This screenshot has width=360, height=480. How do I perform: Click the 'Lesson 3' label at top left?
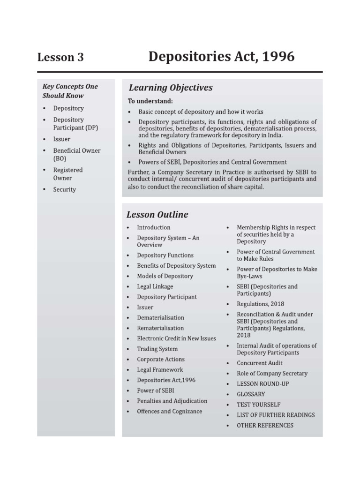pos(60,58)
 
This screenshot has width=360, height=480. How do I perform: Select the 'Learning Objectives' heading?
pos(170,88)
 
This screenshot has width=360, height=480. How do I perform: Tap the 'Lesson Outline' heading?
pos(157,215)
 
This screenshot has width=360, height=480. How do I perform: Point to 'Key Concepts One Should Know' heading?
pos(70,91)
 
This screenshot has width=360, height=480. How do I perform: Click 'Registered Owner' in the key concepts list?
pos(67,174)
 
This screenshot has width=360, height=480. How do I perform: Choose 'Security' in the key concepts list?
pos(64,189)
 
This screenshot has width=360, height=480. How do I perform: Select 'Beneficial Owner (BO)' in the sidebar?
pos(76,155)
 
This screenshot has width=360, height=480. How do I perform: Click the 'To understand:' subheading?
pos(150,101)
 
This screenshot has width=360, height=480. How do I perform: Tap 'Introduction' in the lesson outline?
pos(153,227)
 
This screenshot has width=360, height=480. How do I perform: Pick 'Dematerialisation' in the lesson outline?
pos(160,318)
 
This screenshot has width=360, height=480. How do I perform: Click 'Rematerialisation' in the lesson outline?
pos(160,328)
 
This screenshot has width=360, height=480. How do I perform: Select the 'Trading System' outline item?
pos(157,349)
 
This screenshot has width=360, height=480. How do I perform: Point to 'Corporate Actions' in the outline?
pos(161,359)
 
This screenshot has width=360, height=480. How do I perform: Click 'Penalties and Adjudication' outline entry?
pos(172,401)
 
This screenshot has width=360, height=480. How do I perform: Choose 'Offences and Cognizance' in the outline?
pos(170,411)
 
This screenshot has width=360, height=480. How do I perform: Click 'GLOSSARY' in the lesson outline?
pos(251,394)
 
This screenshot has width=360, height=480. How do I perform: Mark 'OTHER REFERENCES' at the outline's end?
pos(265,425)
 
